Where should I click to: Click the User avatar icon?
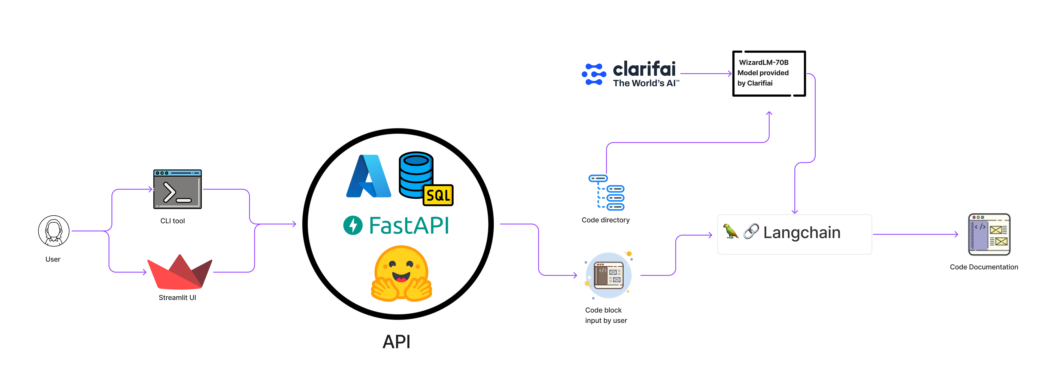[x=54, y=231]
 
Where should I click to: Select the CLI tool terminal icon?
[x=177, y=189]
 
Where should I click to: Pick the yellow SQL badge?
[x=438, y=195]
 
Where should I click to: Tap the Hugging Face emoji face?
[x=401, y=273]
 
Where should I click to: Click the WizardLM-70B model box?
[x=769, y=73]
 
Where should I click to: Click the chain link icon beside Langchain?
[x=751, y=231]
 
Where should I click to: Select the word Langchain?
[x=802, y=232]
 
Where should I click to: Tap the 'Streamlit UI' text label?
[x=177, y=298]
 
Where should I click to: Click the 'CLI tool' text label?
[x=173, y=221]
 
